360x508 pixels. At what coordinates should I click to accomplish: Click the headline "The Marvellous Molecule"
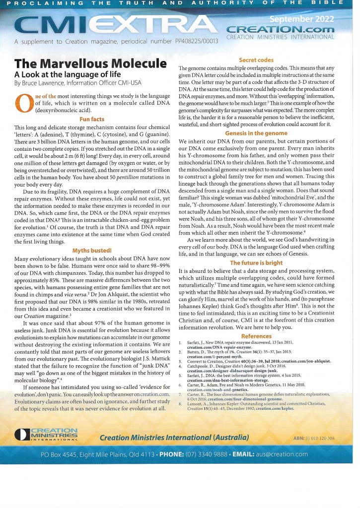pyautogui.click(x=90, y=63)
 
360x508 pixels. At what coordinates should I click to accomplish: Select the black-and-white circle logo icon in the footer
pyautogui.click(x=22, y=435)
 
